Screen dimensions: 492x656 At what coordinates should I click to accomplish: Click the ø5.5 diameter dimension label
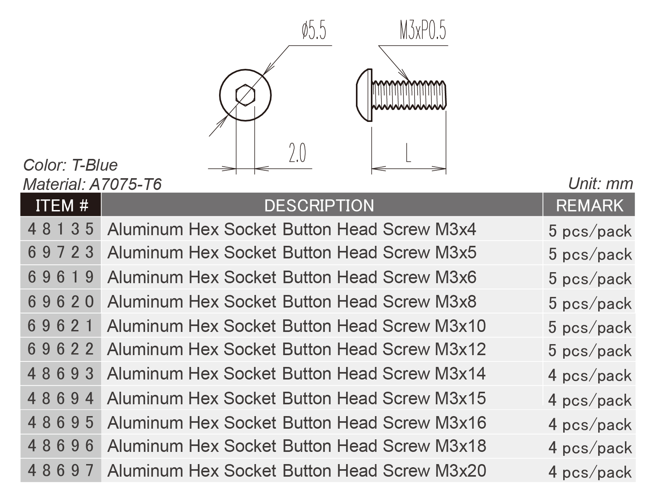(x=314, y=31)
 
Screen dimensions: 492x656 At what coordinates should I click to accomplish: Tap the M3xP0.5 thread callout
(x=423, y=31)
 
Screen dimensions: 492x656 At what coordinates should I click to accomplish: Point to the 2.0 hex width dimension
(x=297, y=153)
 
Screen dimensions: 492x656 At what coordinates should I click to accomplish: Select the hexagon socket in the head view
(x=245, y=95)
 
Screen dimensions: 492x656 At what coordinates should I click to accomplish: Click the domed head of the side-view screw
(x=364, y=95)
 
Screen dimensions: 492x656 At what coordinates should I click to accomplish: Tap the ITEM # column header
(x=61, y=205)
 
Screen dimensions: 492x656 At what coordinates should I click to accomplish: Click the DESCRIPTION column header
(x=319, y=205)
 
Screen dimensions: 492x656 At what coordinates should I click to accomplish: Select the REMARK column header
(x=589, y=205)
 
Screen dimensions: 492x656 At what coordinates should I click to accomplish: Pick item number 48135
(x=61, y=229)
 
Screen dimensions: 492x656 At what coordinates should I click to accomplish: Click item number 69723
(x=61, y=252)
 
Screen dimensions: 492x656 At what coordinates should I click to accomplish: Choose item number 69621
(x=61, y=326)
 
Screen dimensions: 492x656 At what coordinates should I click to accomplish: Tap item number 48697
(x=61, y=470)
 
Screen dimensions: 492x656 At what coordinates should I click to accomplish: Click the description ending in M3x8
(x=291, y=302)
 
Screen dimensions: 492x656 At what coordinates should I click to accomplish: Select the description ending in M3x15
(x=297, y=398)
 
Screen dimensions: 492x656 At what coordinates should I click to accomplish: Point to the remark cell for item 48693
(x=590, y=375)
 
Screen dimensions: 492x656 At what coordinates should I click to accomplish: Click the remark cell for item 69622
(x=590, y=350)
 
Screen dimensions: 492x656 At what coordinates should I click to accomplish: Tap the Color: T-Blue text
(x=70, y=165)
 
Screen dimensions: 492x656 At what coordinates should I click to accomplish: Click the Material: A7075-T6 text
(x=92, y=184)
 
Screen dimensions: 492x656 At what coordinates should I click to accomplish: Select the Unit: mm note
(x=601, y=184)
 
